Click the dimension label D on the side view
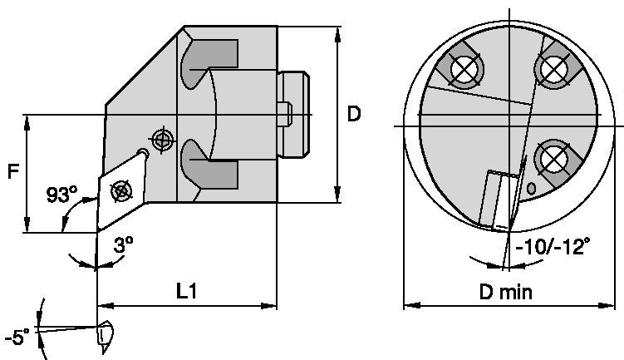355,114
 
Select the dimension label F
12,172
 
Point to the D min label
505,292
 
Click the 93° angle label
61,196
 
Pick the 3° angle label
123,247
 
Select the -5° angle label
16,337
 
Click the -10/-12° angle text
553,247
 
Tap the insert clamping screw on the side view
121,190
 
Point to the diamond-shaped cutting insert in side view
121,189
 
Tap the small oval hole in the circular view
532,189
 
